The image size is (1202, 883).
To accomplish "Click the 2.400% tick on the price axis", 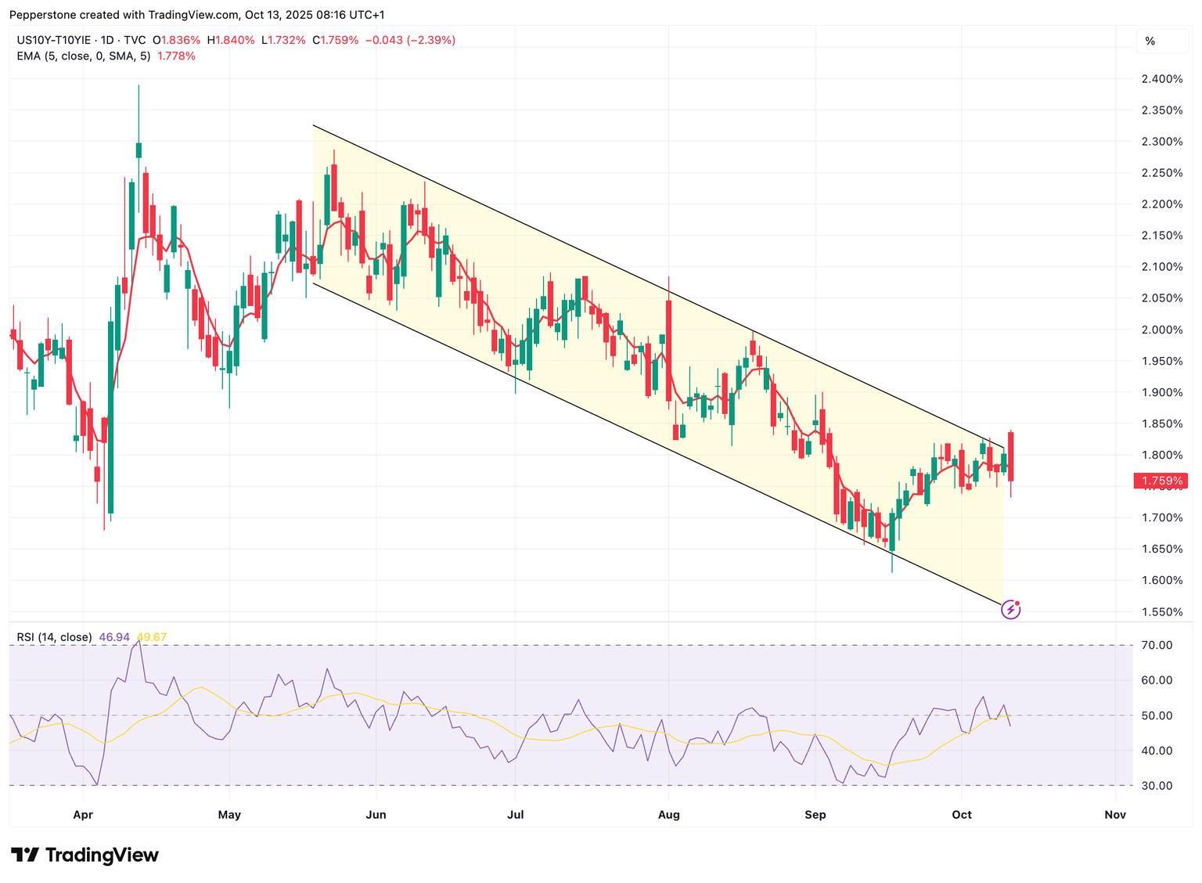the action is click(1162, 79).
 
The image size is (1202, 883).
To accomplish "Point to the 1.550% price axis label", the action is click(1162, 611).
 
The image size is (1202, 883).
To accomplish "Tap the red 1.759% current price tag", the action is click(1161, 481).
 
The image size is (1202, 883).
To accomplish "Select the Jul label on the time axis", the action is click(515, 814).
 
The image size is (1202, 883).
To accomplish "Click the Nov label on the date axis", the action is click(1115, 814).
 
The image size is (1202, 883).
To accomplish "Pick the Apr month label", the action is click(83, 814).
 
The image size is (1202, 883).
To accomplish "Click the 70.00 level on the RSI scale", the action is click(1157, 645).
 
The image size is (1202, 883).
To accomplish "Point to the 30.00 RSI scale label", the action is click(1157, 785).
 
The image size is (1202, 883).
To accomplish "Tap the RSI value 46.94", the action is click(114, 637).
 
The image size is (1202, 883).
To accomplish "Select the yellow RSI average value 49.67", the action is click(152, 637).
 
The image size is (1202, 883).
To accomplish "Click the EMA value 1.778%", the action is click(176, 56).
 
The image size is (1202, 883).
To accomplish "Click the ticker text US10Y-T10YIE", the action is click(54, 40).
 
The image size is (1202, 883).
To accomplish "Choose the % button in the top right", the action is click(1150, 41).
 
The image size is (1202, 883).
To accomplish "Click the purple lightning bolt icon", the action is click(1011, 610).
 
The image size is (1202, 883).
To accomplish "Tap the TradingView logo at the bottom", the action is click(85, 855).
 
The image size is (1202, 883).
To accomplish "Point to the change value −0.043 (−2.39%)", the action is click(411, 40).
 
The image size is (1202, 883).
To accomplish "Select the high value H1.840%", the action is click(232, 40).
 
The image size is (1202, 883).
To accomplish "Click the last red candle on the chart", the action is click(1011, 457).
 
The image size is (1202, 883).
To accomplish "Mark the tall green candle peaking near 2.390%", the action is click(139, 150).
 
